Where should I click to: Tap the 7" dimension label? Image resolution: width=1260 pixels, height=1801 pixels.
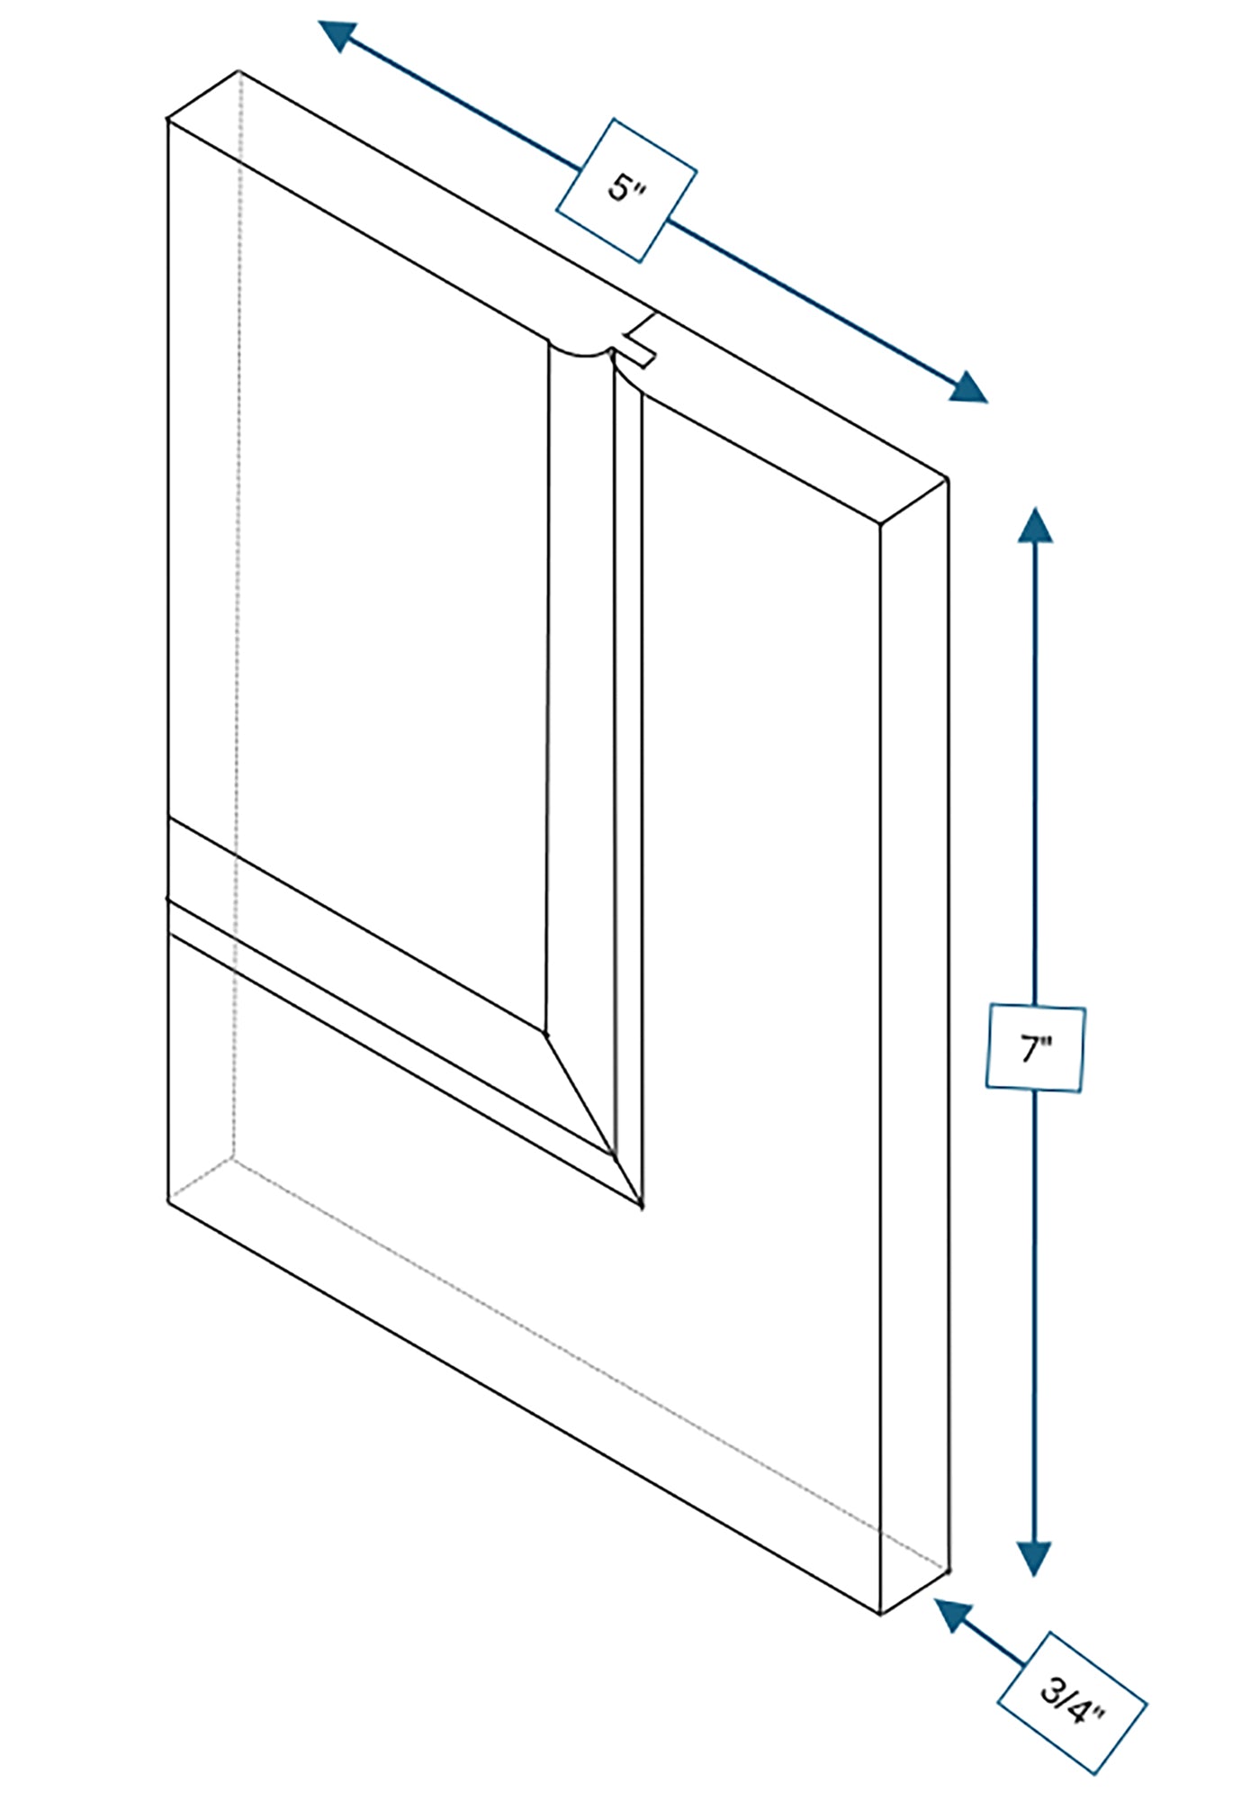coord(1035,1049)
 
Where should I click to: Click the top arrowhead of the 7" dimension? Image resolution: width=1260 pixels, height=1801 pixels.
coord(1035,526)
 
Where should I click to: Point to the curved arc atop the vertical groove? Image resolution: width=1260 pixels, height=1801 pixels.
coord(580,354)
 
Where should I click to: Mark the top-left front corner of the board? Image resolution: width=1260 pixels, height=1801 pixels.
coord(168,118)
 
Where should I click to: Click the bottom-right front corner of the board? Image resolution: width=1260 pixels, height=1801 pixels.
coord(879,1614)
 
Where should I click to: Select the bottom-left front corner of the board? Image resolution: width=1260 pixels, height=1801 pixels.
coord(168,1201)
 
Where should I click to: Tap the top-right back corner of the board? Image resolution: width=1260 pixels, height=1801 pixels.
coord(949,479)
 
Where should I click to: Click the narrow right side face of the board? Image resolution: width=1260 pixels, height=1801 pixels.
coord(913,1045)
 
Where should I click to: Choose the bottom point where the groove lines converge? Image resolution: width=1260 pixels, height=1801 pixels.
coord(641,1207)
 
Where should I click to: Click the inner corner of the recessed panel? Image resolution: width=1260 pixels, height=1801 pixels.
coord(545,1033)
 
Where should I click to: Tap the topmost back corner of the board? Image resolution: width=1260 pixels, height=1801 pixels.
coord(238,70)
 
